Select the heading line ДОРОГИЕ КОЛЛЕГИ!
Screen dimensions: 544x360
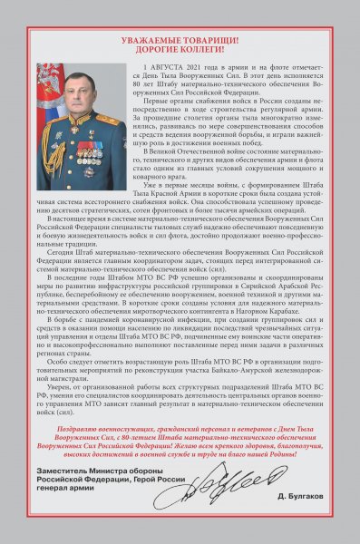[x=180, y=52]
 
